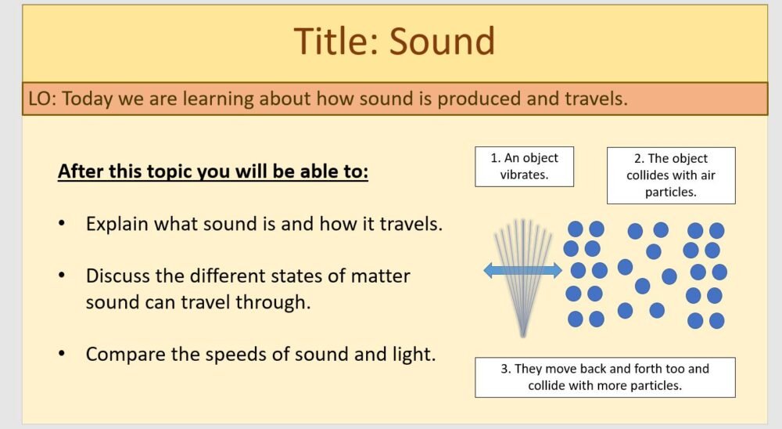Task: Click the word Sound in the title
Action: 443,41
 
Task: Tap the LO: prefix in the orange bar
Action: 44,99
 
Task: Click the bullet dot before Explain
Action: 62,224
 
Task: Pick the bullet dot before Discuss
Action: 62,276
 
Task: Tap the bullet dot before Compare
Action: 62,354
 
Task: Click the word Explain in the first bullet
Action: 118,224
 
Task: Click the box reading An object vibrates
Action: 524,166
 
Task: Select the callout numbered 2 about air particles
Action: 670,175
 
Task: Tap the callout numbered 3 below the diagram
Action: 604,377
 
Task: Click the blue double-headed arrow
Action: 522,271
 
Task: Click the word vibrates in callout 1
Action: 524,175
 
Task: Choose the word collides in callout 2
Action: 649,175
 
